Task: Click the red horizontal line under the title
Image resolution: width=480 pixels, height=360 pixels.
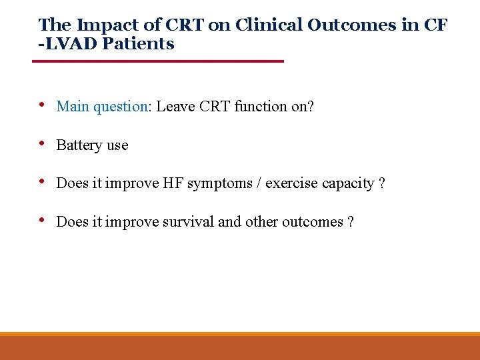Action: click(159, 61)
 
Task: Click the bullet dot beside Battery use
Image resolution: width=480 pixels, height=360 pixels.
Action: click(43, 144)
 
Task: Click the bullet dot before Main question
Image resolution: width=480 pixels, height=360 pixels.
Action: click(43, 105)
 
